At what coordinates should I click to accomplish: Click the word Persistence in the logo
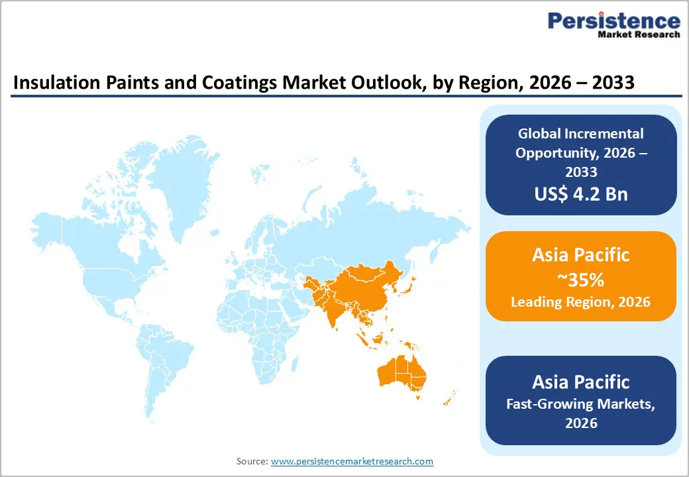pos(613,21)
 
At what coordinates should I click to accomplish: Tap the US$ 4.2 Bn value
pos(581,194)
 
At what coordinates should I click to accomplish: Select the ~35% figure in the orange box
pos(580,280)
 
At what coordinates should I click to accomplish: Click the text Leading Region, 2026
pos(580,302)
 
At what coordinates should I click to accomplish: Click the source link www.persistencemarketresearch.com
pos(352,461)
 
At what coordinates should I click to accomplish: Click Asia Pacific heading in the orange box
pos(580,255)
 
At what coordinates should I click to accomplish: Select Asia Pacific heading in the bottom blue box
pos(581,382)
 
